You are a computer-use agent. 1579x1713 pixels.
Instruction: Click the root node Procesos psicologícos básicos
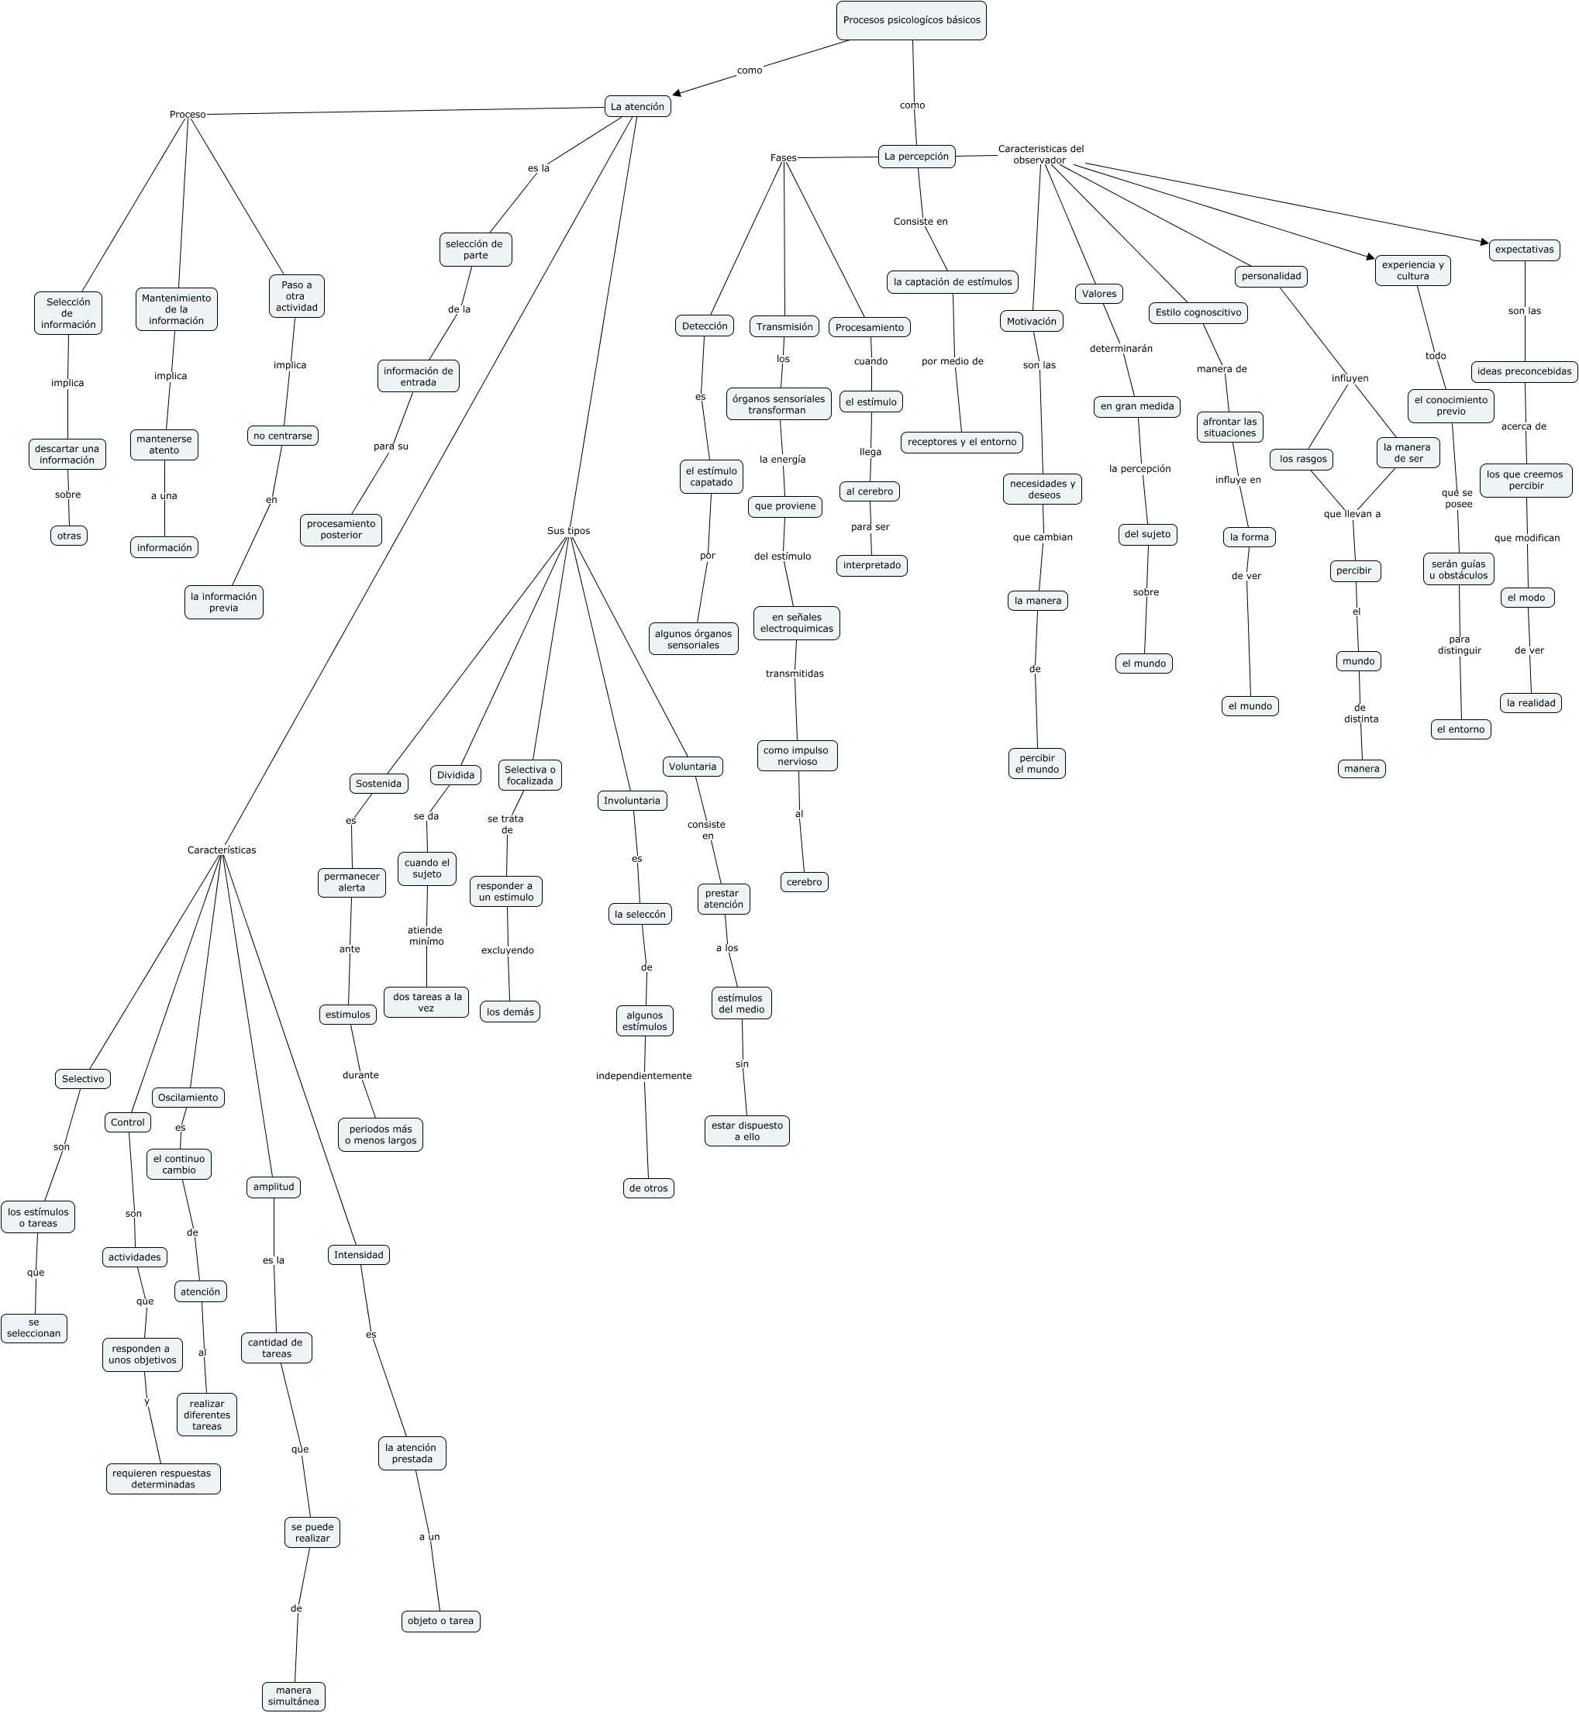click(911, 20)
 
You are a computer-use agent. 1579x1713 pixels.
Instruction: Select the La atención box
click(637, 107)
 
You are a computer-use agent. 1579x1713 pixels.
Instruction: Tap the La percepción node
click(916, 157)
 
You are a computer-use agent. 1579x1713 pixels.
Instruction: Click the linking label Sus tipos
click(568, 530)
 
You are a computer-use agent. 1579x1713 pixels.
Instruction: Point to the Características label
click(221, 850)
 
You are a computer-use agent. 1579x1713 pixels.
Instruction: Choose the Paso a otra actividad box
click(296, 296)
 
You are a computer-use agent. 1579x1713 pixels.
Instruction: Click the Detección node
click(705, 326)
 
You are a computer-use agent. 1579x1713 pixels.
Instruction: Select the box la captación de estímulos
click(952, 282)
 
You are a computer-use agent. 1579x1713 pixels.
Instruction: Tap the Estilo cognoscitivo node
click(1198, 312)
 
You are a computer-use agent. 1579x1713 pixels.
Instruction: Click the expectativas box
click(1524, 250)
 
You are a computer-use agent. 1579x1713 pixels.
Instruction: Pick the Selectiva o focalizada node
click(529, 775)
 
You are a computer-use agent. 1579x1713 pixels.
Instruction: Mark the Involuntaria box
click(632, 801)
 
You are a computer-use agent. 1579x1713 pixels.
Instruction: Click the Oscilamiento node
click(188, 1097)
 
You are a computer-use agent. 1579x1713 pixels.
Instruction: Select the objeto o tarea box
click(440, 1621)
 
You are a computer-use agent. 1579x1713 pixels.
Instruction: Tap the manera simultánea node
click(293, 1696)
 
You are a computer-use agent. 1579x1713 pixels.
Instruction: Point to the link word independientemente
click(643, 1076)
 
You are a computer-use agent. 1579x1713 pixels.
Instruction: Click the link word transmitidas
click(795, 674)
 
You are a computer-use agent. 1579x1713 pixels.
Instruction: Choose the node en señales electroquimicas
click(796, 623)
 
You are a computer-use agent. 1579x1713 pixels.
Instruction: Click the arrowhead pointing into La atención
click(677, 94)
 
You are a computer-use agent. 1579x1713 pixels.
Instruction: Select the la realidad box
click(1530, 703)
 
